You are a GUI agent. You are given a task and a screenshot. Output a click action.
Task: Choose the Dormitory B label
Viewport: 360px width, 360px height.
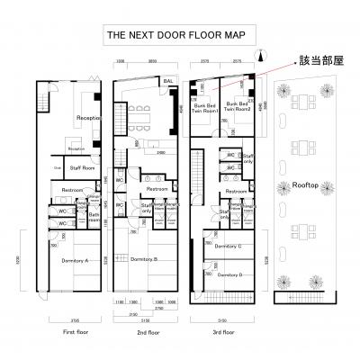(144, 259)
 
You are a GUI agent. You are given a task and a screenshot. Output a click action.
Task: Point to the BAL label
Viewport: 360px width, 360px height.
(167, 81)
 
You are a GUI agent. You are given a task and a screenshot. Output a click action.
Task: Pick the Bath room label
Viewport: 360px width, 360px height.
(94, 216)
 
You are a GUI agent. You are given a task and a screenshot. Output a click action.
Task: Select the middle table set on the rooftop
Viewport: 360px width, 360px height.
(309, 159)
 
